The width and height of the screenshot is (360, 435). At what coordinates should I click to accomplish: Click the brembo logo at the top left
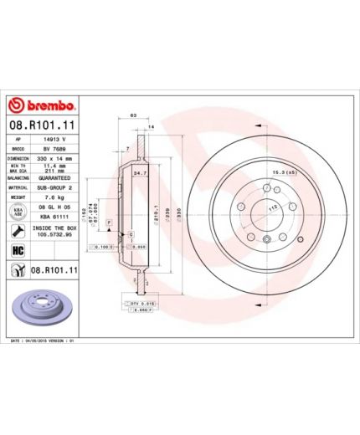42,105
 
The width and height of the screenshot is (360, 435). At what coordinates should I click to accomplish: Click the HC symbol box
16,250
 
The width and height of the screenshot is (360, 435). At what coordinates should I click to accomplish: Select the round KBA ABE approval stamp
17,212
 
